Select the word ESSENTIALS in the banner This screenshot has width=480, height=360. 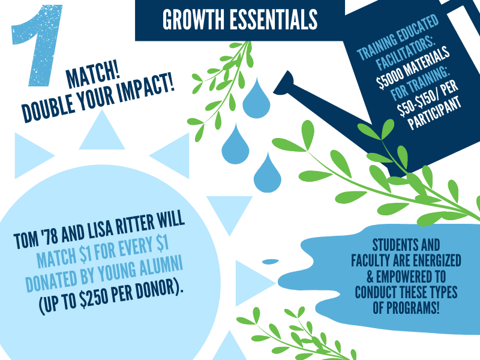tap(274, 20)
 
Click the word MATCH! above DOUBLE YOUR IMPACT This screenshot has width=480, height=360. tap(93, 76)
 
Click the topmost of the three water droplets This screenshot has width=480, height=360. tap(257, 98)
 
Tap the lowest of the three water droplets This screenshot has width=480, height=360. tap(267, 172)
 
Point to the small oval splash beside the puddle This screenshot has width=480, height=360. tap(271, 262)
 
